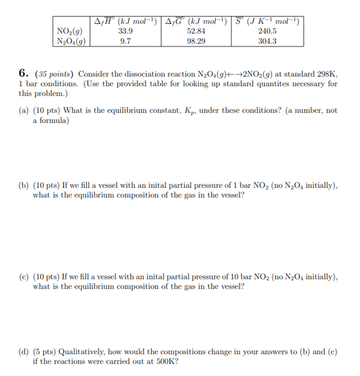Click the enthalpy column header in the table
(x=125, y=21)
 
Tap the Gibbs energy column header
(x=196, y=21)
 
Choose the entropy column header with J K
(x=267, y=21)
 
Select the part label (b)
(x=24, y=186)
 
